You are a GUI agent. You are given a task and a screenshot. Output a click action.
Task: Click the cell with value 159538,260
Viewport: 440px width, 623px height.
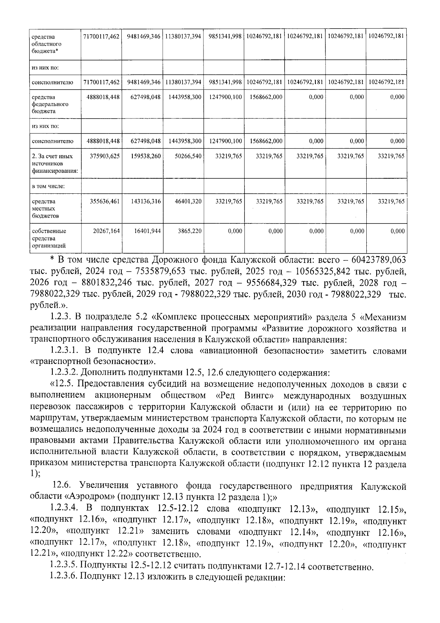click(x=146, y=156)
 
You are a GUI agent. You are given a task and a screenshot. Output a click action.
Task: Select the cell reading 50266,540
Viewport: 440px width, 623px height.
click(x=187, y=156)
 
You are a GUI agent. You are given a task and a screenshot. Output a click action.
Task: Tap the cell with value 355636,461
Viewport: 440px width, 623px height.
click(x=105, y=201)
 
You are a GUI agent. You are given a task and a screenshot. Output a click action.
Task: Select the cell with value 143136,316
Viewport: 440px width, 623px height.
click(x=146, y=201)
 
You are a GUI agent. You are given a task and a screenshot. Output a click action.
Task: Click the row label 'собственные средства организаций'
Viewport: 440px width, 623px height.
click(x=49, y=238)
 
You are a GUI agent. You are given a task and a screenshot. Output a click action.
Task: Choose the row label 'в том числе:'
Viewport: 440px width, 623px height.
click(x=48, y=186)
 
